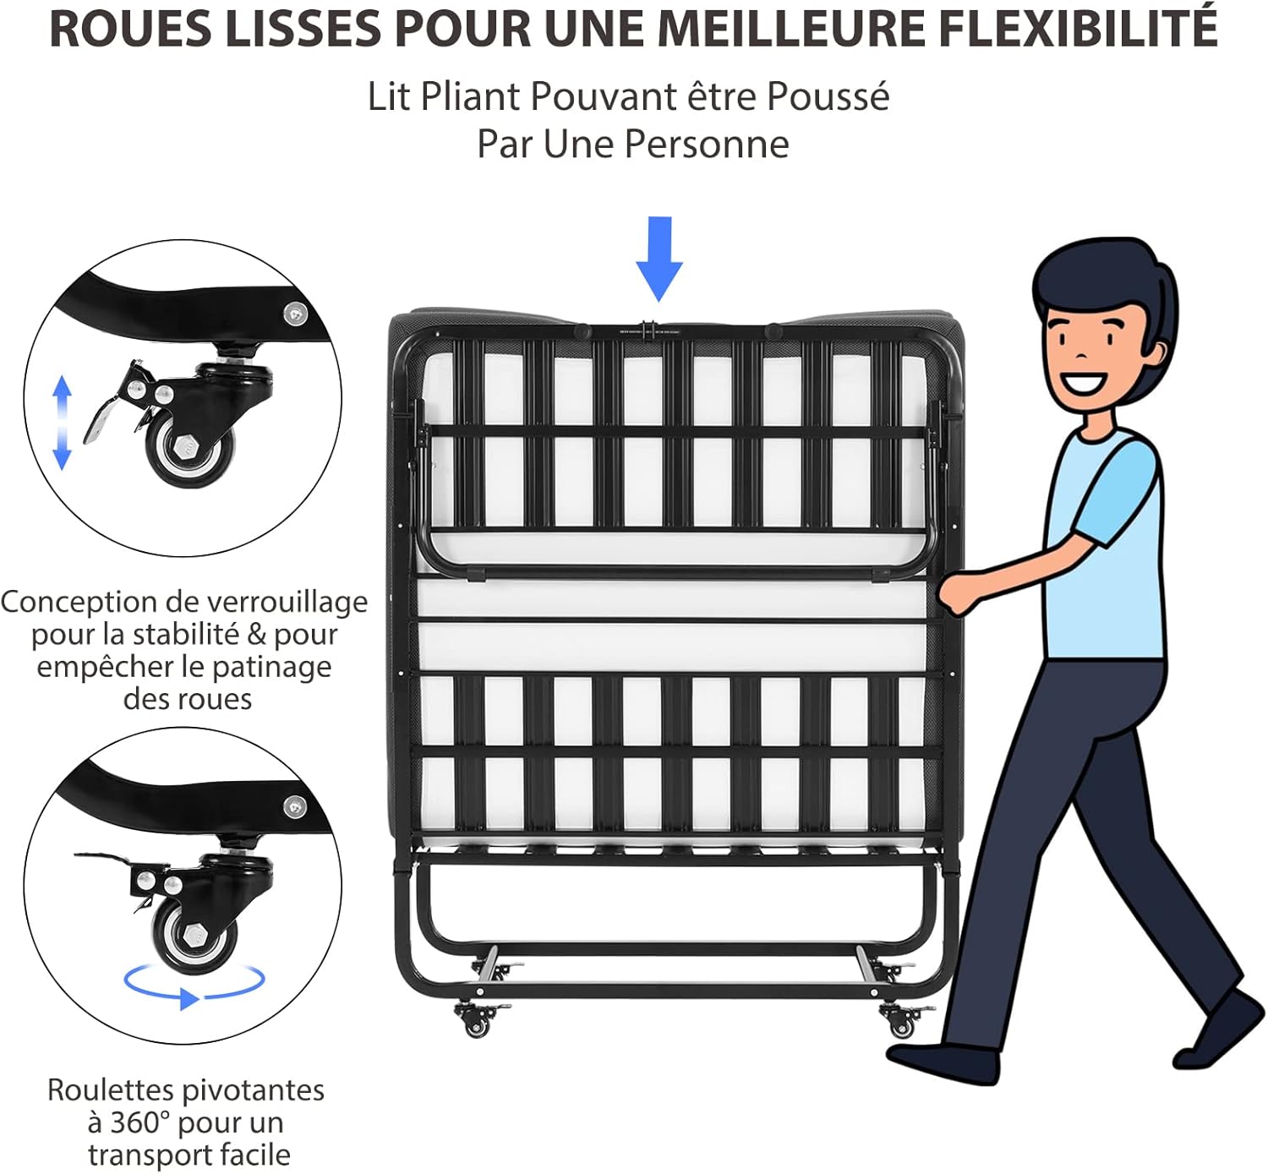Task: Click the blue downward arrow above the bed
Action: click(x=659, y=259)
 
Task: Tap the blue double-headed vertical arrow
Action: click(x=62, y=423)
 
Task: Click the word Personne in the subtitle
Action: click(x=707, y=144)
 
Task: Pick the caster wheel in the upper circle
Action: click(x=192, y=452)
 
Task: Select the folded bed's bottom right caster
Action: click(x=901, y=1021)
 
